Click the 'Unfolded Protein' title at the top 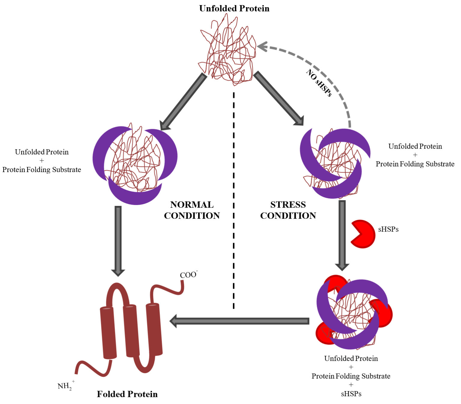[234, 8]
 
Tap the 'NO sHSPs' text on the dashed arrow [319, 83]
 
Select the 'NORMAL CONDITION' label [192, 210]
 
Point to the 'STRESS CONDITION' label [288, 210]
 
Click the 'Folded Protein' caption [127, 394]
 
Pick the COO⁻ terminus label [188, 275]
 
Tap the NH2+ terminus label [65, 386]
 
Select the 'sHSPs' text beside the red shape [388, 229]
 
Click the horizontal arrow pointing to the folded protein [240, 321]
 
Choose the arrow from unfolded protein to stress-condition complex [279, 98]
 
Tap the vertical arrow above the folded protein [118, 240]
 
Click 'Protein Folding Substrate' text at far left [42, 170]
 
